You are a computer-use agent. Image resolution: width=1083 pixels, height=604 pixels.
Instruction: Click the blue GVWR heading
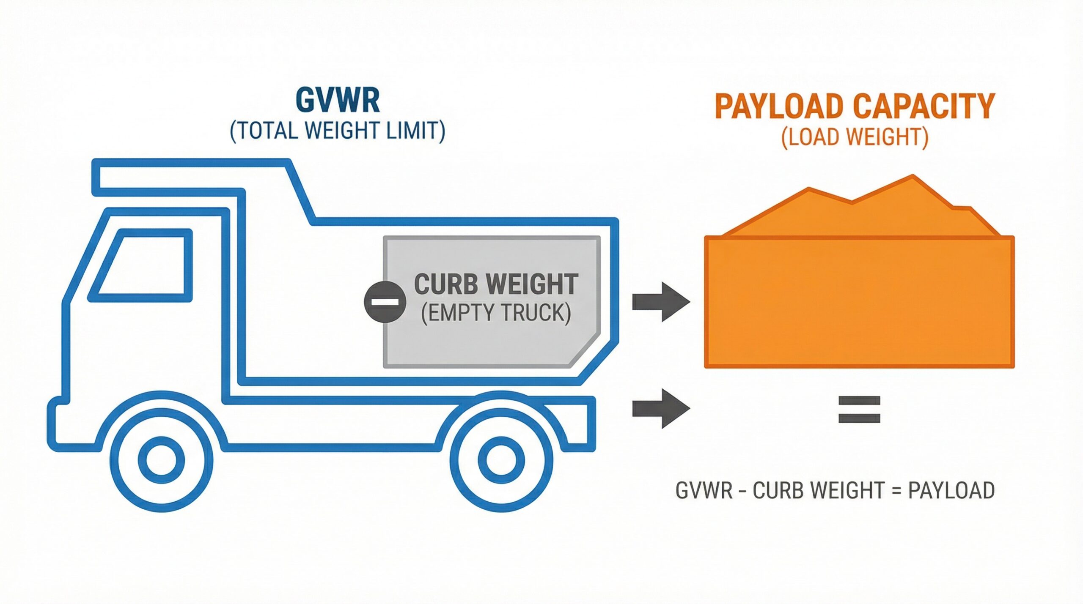tap(337, 100)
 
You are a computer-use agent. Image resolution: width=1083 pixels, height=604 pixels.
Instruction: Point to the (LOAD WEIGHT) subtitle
tap(855, 137)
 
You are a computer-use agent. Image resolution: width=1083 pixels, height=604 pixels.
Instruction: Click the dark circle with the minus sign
tap(385, 302)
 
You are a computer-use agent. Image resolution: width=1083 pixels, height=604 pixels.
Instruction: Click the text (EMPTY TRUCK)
tap(496, 313)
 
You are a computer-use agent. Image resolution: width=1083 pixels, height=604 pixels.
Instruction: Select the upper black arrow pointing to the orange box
tap(661, 302)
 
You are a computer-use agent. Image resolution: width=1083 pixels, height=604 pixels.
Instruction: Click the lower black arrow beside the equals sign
tap(661, 408)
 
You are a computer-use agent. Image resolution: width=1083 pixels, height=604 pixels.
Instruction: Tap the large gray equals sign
tap(859, 409)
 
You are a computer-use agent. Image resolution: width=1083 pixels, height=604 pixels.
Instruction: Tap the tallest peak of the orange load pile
tap(913, 176)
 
